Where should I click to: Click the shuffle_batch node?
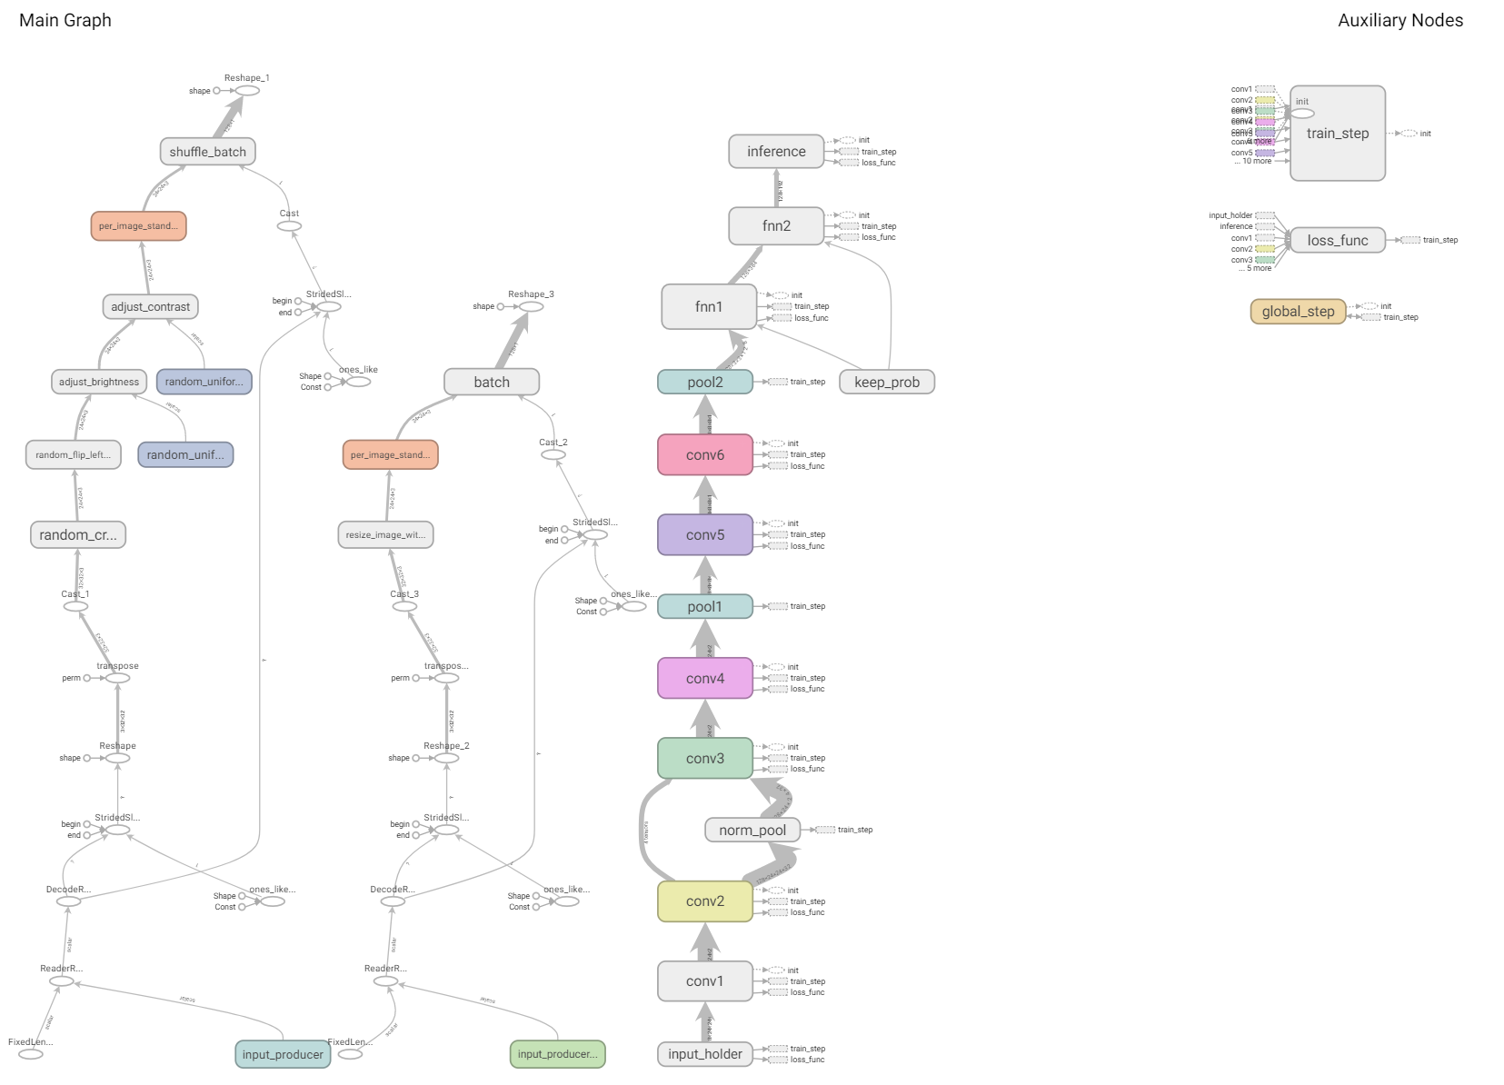tap(207, 152)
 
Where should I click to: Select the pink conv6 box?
tap(705, 455)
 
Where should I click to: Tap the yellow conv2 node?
tap(705, 901)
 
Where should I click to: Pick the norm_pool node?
tap(752, 830)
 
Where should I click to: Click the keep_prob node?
tap(887, 383)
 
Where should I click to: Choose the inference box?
tap(776, 152)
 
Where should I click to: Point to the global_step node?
tap(1298, 312)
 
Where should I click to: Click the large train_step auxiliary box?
tap(1338, 134)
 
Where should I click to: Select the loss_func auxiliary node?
tap(1338, 240)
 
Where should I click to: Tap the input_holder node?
tap(705, 1054)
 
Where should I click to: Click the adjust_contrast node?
tap(150, 307)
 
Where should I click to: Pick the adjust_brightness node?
tap(99, 382)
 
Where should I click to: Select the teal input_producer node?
tap(283, 1054)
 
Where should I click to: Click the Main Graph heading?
tap(65, 20)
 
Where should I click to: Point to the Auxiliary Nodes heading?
tap(1400, 20)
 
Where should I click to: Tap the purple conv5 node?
tap(705, 535)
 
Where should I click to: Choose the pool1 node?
tap(705, 606)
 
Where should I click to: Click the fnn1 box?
tap(709, 307)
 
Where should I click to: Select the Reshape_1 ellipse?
tap(247, 91)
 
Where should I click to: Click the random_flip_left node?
tap(73, 455)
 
